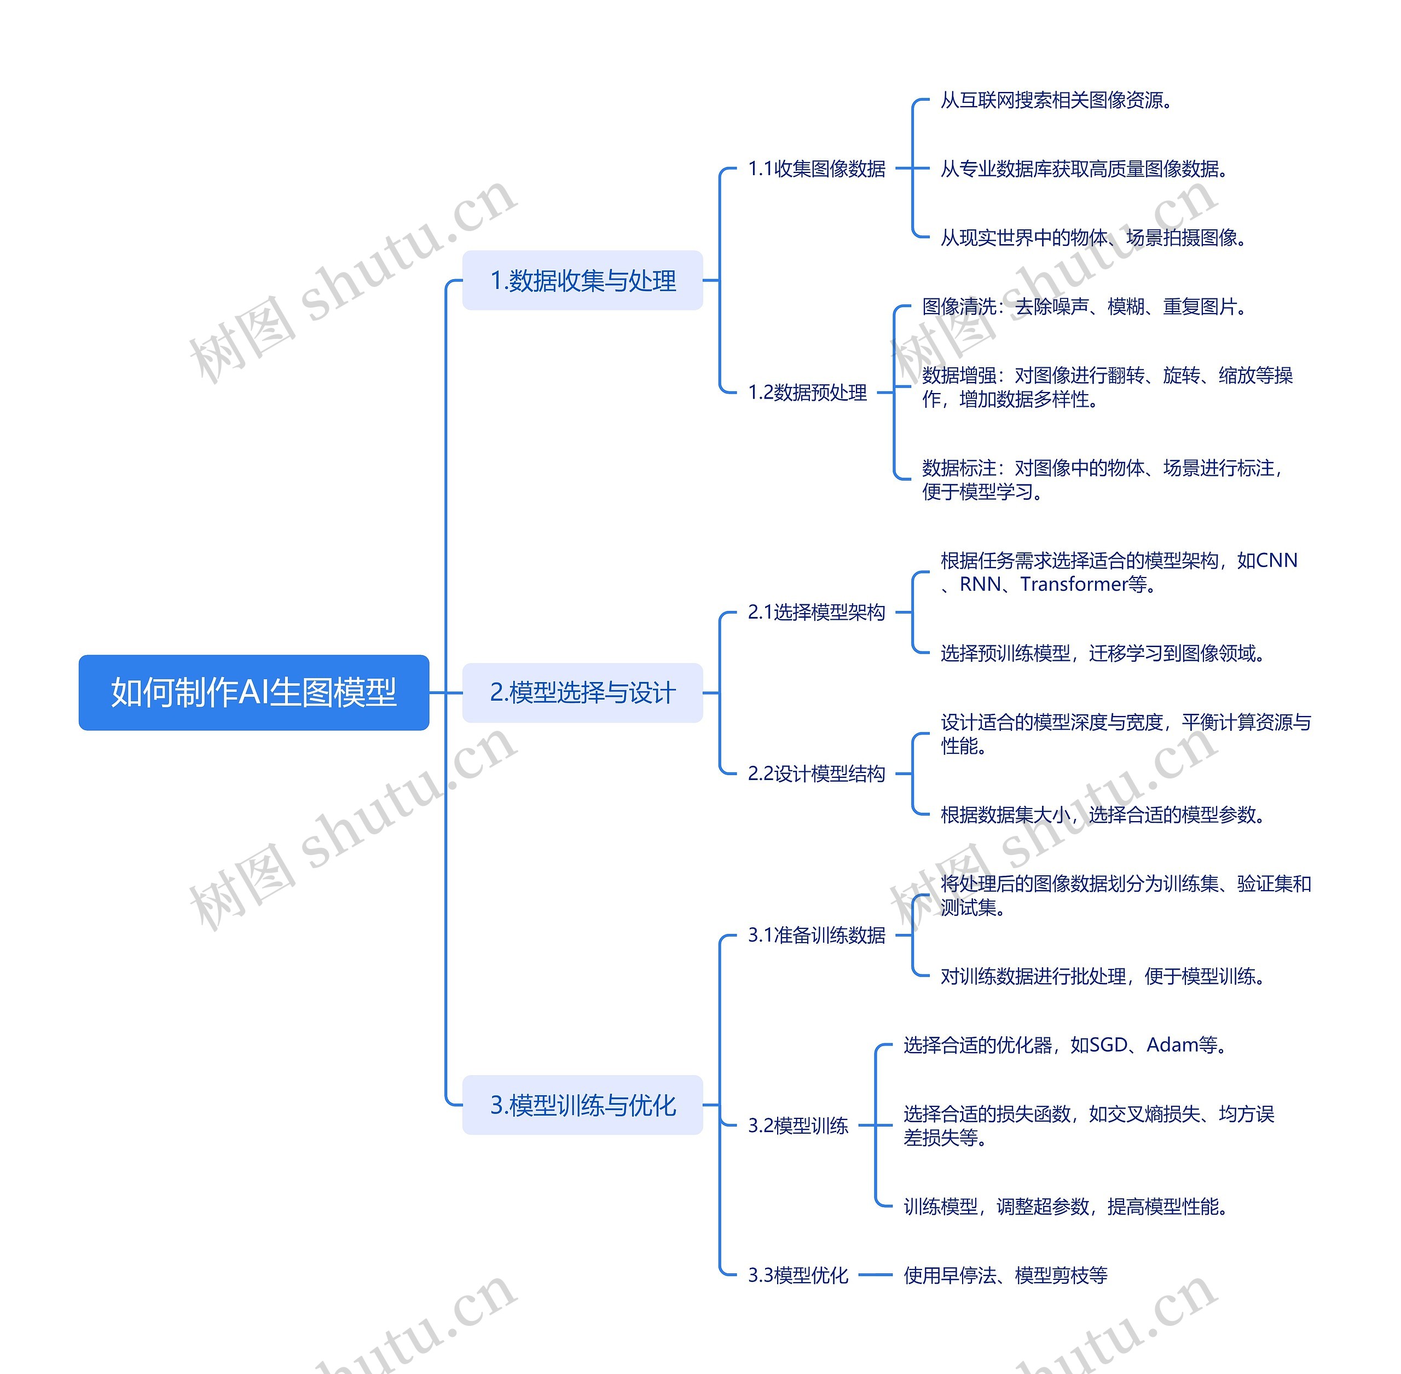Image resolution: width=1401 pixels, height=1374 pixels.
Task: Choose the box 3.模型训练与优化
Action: pos(582,1105)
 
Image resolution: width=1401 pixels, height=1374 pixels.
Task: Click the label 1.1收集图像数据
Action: pos(816,168)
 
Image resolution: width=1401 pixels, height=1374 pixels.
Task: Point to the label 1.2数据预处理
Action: pos(807,392)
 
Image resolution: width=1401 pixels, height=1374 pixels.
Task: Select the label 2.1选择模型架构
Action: pos(816,612)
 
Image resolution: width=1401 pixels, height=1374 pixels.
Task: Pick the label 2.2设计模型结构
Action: pos(816,773)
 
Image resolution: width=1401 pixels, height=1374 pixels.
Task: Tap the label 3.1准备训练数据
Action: pos(816,935)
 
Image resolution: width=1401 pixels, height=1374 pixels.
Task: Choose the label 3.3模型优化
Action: pos(798,1275)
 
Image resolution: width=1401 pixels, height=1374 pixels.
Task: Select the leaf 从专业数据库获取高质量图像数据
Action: pos(1084,169)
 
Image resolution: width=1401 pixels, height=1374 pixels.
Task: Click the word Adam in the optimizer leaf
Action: pos(1172,1044)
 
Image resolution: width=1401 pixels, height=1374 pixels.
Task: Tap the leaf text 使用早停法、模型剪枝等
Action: pos(1005,1275)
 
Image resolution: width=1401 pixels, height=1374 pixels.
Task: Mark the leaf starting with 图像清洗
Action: pos(1084,307)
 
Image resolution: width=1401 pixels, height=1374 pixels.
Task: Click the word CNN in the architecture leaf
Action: pos(1277,561)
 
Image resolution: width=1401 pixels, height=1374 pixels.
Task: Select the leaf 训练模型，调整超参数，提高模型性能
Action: pos(1065,1206)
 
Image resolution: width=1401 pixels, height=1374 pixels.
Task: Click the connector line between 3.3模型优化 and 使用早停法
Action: pos(875,1275)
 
